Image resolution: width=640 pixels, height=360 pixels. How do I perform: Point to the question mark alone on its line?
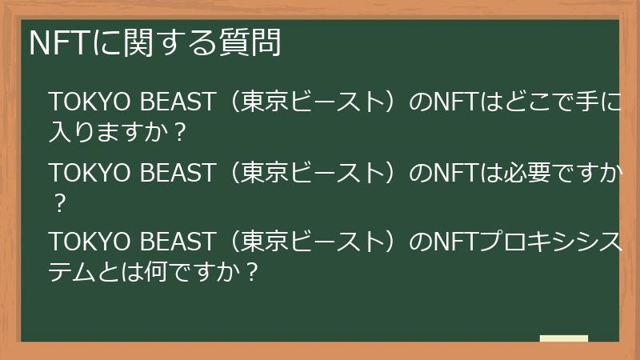[58, 202]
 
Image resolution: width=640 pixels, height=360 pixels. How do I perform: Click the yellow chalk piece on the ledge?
[564, 338]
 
